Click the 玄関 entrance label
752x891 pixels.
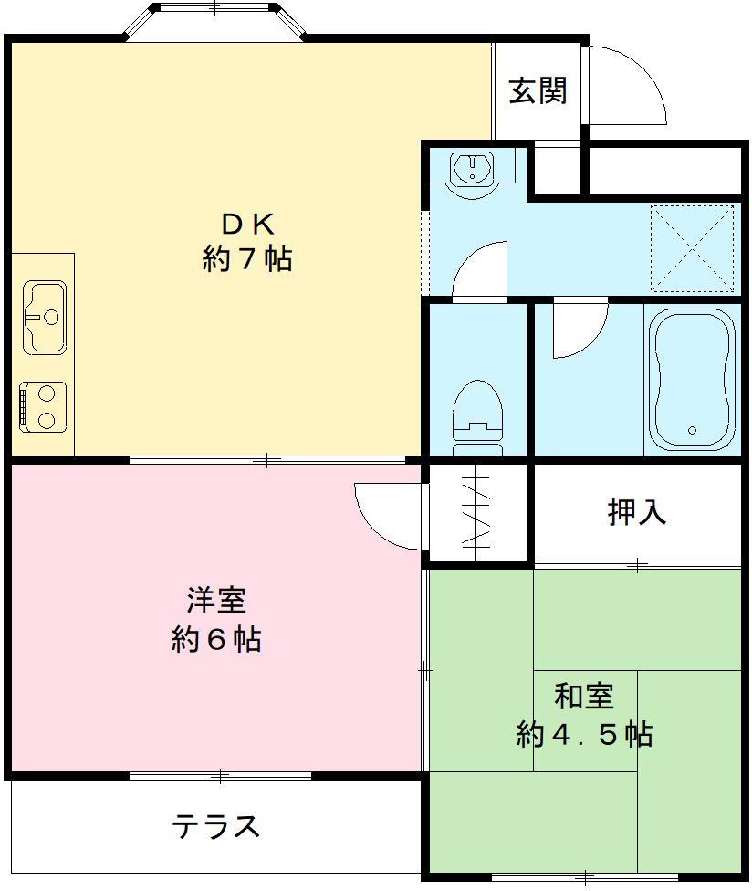point(538,90)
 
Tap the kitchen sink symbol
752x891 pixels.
point(44,317)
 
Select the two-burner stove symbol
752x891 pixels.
point(43,405)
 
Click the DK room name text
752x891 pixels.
point(246,224)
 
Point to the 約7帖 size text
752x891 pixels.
point(246,259)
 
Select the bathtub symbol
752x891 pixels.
point(692,380)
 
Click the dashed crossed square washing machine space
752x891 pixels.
point(692,247)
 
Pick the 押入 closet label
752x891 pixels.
point(637,513)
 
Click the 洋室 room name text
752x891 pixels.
point(216,602)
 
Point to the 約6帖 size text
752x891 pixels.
point(216,639)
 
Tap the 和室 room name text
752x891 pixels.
point(583,697)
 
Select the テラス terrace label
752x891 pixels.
point(216,827)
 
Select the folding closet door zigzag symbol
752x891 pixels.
point(478,513)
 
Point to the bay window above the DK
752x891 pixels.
point(214,20)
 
